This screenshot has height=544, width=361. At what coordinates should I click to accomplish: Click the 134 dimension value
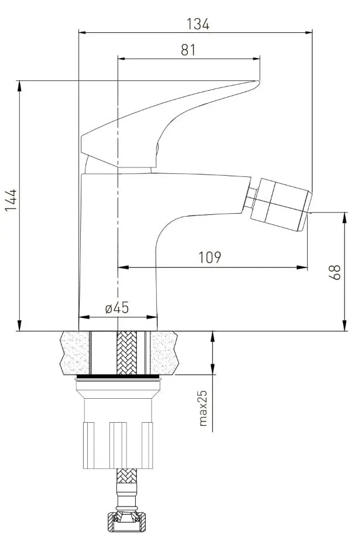(x=198, y=24)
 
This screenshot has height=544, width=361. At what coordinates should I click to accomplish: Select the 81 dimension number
(x=188, y=50)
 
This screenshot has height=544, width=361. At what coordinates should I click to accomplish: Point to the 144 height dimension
(x=11, y=200)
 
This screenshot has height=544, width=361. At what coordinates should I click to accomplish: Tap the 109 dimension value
(x=209, y=257)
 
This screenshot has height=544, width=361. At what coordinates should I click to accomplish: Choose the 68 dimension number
(x=335, y=272)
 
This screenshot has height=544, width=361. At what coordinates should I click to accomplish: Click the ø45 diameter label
(x=117, y=307)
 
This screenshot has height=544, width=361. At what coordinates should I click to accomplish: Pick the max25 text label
(x=203, y=408)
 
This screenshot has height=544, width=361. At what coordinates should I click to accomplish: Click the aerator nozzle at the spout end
(x=281, y=204)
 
